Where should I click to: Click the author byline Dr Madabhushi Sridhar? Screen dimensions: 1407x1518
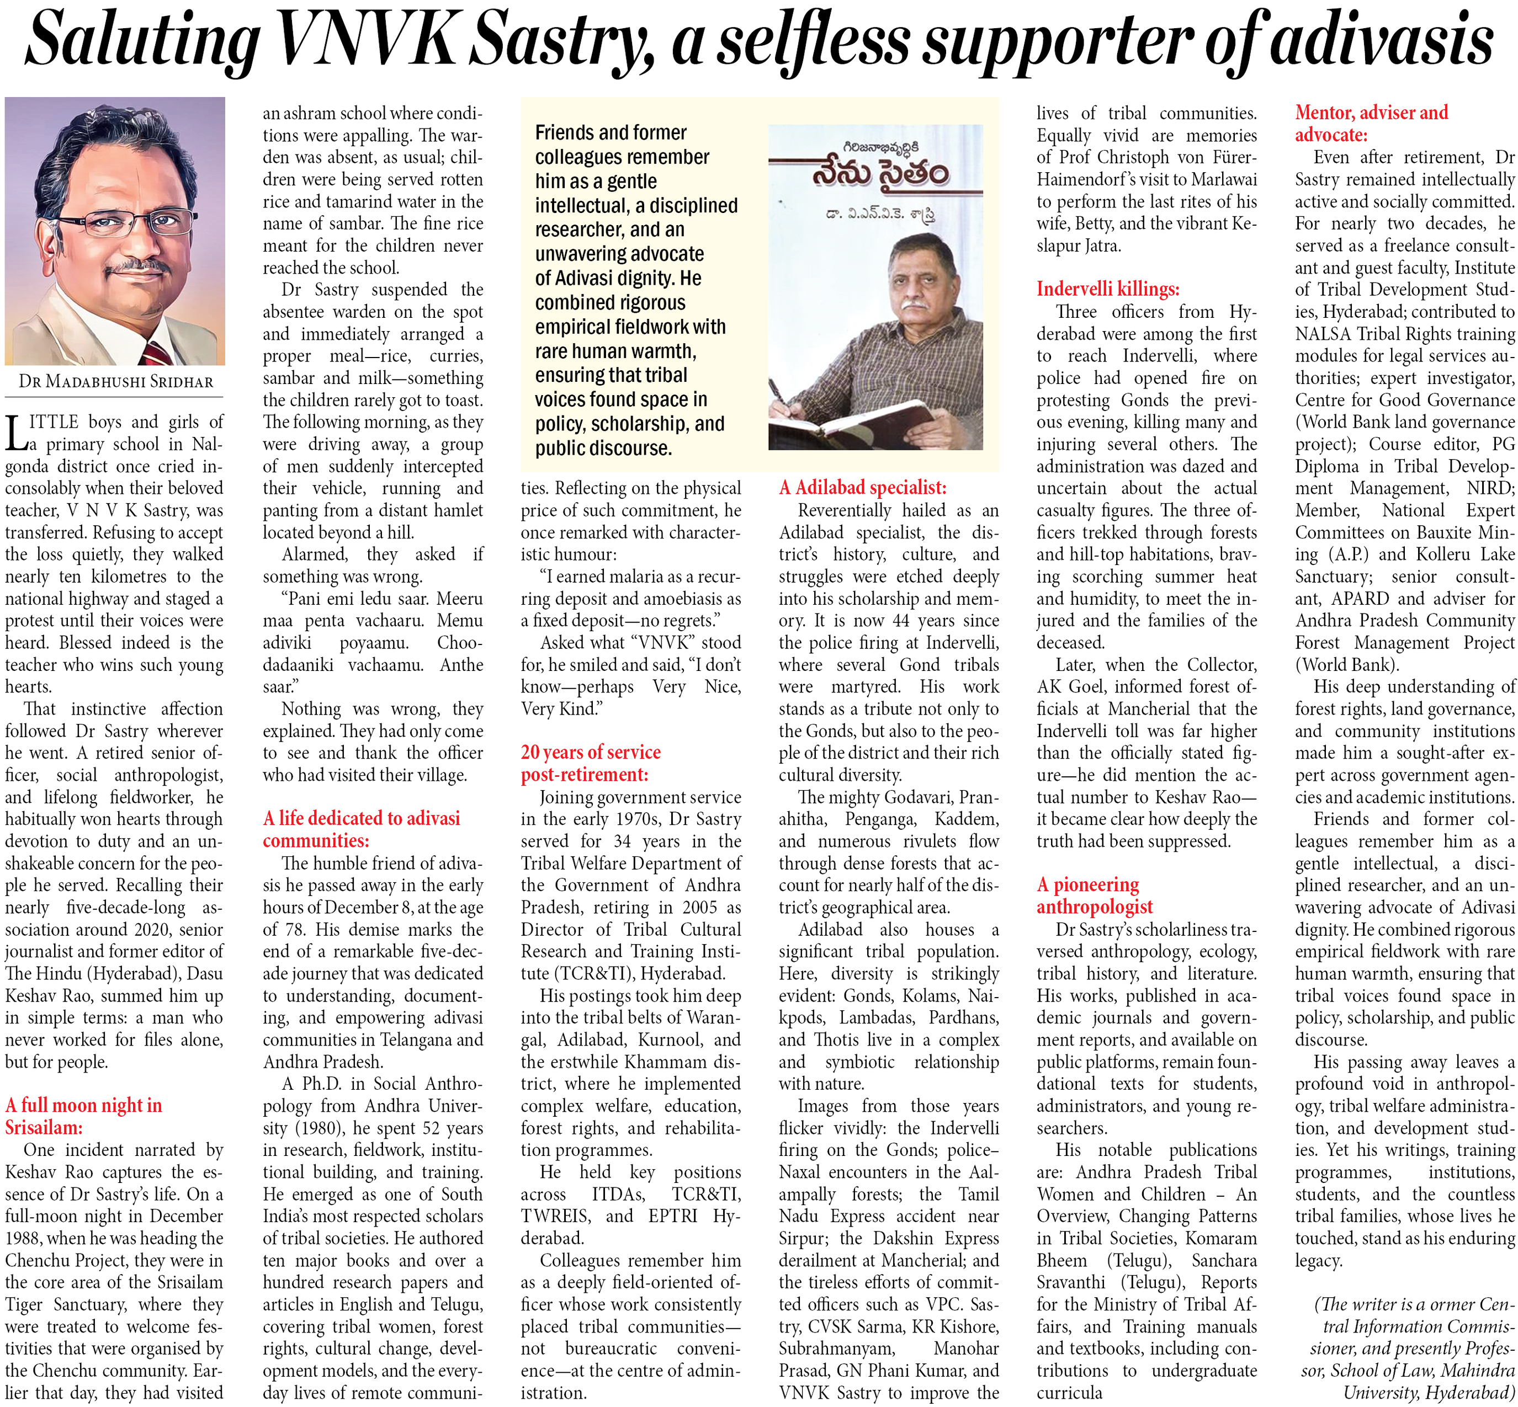pos(116,381)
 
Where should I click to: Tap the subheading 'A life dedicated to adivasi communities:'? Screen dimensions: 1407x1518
pos(362,828)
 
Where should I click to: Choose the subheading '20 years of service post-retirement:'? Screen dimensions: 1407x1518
pos(590,762)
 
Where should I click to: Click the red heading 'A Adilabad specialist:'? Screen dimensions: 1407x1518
pos(862,487)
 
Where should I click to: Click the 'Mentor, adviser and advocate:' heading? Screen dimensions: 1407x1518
pos(1371,124)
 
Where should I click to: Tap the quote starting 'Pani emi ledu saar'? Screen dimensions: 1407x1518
pos(373,642)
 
